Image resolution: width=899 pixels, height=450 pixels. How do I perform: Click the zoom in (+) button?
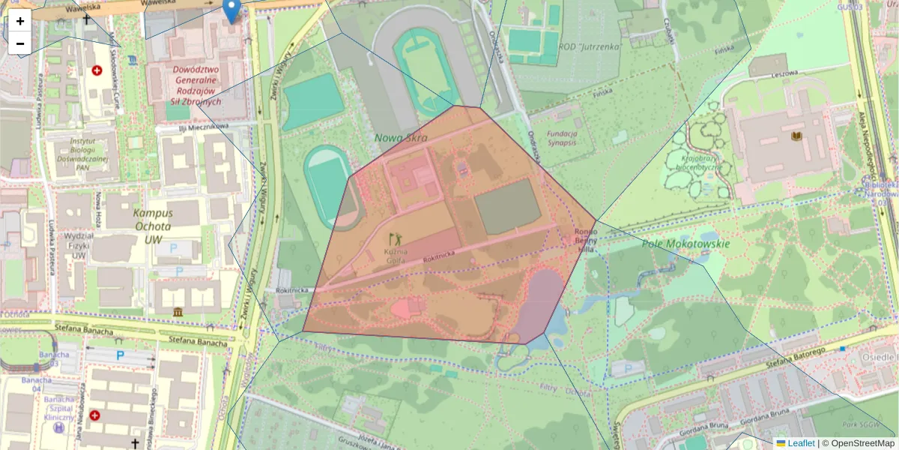[20, 21]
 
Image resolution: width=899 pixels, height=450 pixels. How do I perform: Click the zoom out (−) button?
[20, 43]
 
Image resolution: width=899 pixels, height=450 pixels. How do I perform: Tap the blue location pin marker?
[232, 10]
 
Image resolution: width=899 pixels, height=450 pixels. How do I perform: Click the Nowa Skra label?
[402, 138]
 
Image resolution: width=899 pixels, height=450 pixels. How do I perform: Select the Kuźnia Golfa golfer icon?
[395, 239]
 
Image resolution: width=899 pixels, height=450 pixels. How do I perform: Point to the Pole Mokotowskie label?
[685, 244]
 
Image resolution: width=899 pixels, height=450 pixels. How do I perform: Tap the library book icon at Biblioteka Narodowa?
[795, 136]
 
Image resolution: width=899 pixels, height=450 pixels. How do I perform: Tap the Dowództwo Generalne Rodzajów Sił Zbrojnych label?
[196, 85]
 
